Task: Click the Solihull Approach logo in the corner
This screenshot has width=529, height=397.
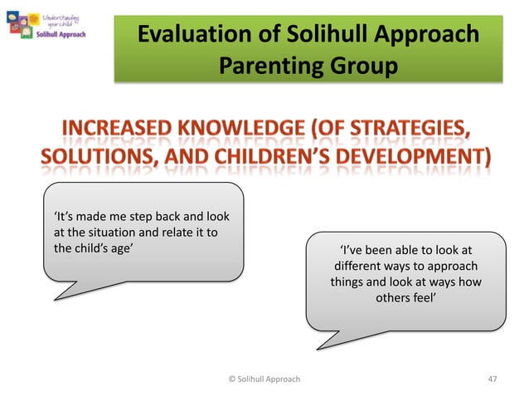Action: [51, 26]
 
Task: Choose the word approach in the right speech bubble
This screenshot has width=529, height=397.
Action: [451, 266]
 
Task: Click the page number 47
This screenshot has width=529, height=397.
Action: [493, 379]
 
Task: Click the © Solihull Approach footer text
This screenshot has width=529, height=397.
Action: [264, 379]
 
